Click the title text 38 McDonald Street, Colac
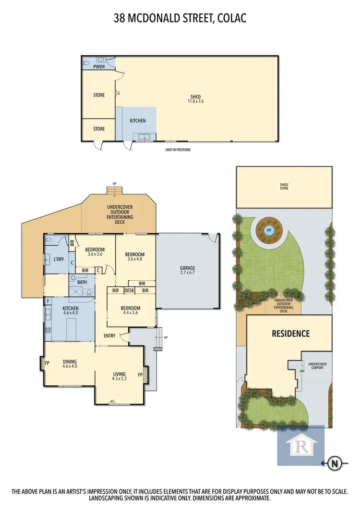point(180,19)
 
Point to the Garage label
point(187,268)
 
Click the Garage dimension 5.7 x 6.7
point(187,274)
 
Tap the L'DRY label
point(59,260)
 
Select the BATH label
point(83,282)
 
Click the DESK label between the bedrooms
point(129,291)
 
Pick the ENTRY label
point(109,336)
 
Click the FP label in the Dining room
point(47,363)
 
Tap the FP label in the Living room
point(141,374)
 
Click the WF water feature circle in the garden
point(268,230)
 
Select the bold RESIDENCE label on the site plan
point(291,333)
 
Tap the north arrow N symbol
point(334,463)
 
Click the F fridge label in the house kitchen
point(48,301)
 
